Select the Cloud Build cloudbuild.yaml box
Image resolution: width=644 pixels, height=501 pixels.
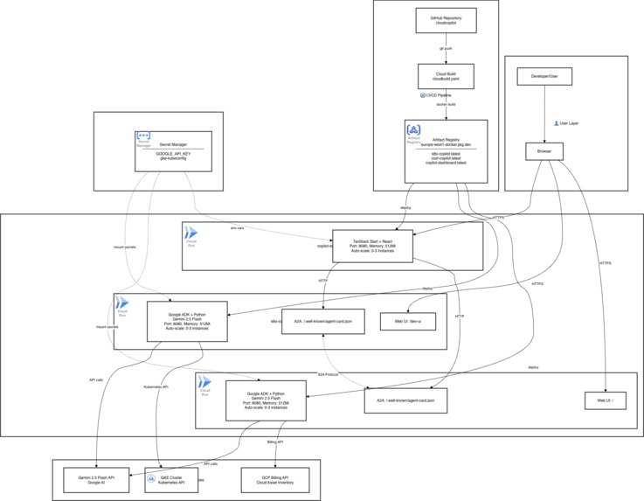coord(446,76)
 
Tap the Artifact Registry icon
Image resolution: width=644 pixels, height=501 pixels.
coord(414,132)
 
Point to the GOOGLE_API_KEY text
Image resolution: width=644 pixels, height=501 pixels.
coord(173,153)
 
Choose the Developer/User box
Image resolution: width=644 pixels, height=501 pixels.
coord(544,77)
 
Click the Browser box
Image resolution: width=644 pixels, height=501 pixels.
coord(544,151)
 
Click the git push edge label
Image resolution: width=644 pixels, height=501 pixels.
coord(446,49)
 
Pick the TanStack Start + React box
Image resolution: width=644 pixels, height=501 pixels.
coord(372,246)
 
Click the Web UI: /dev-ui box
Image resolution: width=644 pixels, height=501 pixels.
coord(407,321)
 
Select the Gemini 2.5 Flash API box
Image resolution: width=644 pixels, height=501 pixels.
coord(96,480)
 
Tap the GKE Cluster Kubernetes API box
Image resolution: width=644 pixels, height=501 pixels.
coord(170,480)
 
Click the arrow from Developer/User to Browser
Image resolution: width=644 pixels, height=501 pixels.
coord(544,115)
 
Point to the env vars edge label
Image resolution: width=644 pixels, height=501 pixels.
coord(237,228)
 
